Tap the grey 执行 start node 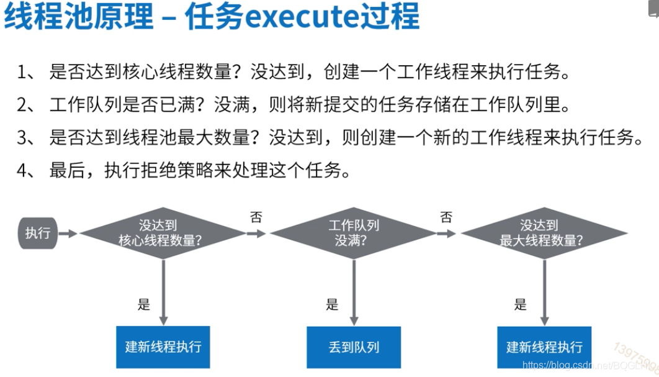pos(38,233)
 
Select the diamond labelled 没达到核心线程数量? pos(163,233)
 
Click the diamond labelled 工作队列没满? pos(353,233)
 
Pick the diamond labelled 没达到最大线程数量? pos(544,233)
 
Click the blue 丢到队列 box pos(354,347)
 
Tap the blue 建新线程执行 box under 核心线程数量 pos(163,347)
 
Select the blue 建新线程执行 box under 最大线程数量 pos(544,347)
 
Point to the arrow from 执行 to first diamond pos(68,234)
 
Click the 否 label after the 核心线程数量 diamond pos(256,217)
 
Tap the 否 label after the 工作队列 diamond pos(446,217)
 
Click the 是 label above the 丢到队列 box pos(333,304)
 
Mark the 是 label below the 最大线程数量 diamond pos(521,304)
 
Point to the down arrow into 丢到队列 pos(354,292)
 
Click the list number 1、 pos(28,73)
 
